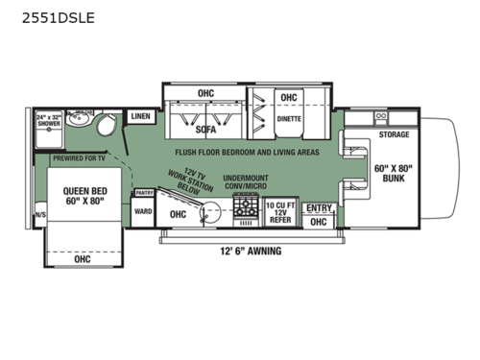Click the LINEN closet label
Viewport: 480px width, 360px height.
click(140, 116)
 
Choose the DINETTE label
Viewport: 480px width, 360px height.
click(288, 119)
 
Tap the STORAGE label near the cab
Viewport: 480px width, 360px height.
click(394, 134)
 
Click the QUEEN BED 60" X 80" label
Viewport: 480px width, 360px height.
click(82, 196)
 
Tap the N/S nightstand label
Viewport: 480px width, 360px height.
click(39, 215)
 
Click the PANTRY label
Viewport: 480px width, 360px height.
click(143, 193)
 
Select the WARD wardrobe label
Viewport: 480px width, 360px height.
click(143, 211)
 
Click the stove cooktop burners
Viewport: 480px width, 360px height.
click(246, 204)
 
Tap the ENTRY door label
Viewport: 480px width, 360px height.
click(318, 207)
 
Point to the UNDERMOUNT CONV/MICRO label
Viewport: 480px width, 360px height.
click(245, 182)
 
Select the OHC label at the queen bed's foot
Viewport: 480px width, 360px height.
click(82, 258)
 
